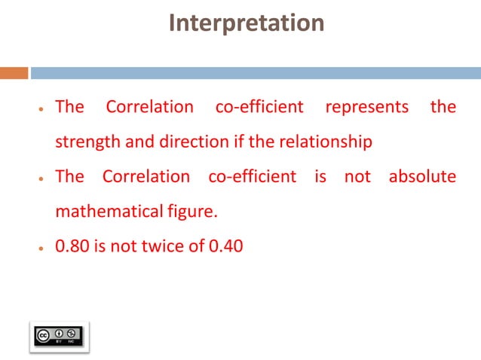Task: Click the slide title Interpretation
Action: (x=247, y=23)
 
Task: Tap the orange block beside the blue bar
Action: (x=14, y=73)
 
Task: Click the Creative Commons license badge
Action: (x=60, y=335)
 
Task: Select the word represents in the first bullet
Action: (x=366, y=107)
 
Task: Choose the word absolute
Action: (x=422, y=177)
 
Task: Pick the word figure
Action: (x=195, y=212)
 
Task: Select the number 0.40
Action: (x=225, y=246)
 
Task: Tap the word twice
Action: (x=165, y=246)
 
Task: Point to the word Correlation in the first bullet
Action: (x=149, y=107)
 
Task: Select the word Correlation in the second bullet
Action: (x=146, y=177)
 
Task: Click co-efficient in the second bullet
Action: (x=252, y=177)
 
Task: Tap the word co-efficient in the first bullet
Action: (x=259, y=107)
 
